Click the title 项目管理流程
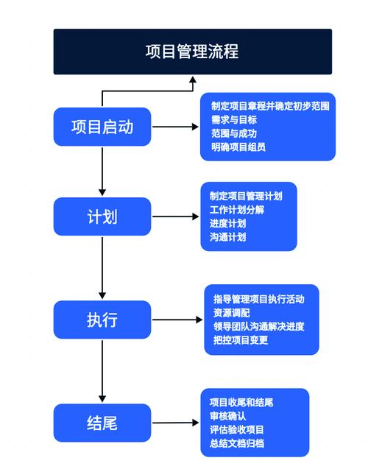191,52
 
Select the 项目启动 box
102,127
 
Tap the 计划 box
102,217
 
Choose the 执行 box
102,320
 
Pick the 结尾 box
102,423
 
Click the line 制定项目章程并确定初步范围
269,106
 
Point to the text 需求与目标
234,119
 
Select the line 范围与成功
234,133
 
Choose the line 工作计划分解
236,211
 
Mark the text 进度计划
227,224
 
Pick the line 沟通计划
227,237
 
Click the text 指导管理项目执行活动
258,299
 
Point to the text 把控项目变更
241,339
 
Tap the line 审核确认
227,416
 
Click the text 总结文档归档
236,443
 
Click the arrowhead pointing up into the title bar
191,80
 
